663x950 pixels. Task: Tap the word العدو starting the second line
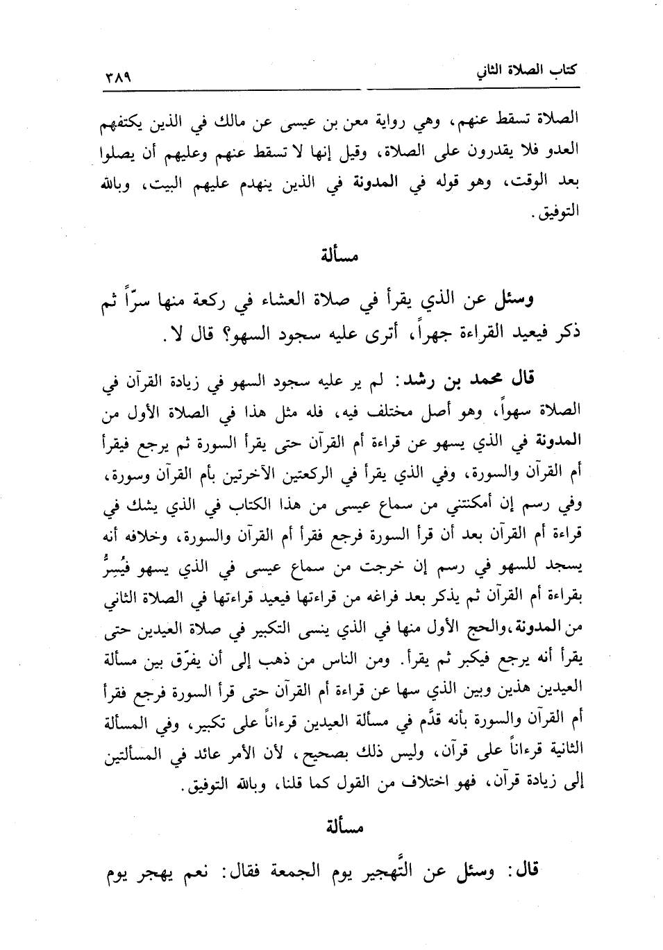563,152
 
